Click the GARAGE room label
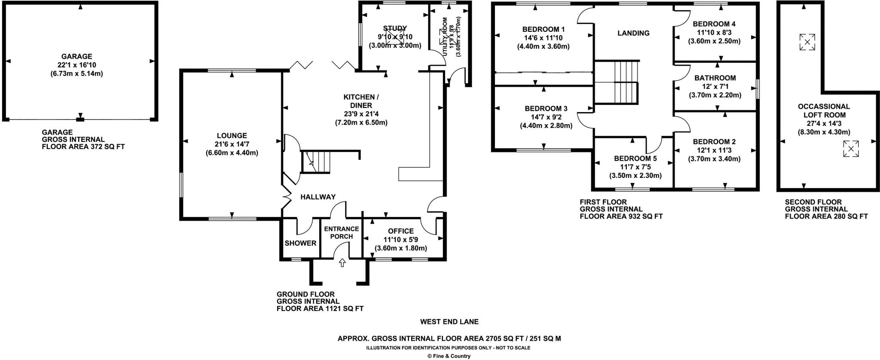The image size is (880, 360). click(76, 56)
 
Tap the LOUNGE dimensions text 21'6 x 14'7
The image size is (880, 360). click(232, 144)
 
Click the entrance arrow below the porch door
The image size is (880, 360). click(342, 262)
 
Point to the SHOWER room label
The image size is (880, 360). click(300, 243)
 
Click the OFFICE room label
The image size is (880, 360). click(400, 231)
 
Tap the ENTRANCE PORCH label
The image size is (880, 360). click(342, 233)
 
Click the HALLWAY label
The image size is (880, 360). click(318, 197)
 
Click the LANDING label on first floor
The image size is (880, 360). click(633, 33)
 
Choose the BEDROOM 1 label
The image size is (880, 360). click(543, 29)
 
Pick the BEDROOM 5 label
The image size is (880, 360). click(635, 159)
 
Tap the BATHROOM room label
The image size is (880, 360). click(715, 78)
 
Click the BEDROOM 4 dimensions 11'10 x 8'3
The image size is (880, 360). click(714, 32)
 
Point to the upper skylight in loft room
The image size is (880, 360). click(807, 42)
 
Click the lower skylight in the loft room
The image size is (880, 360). click(850, 149)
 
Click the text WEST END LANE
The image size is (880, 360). click(449, 321)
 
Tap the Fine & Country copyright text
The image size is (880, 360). click(449, 356)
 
